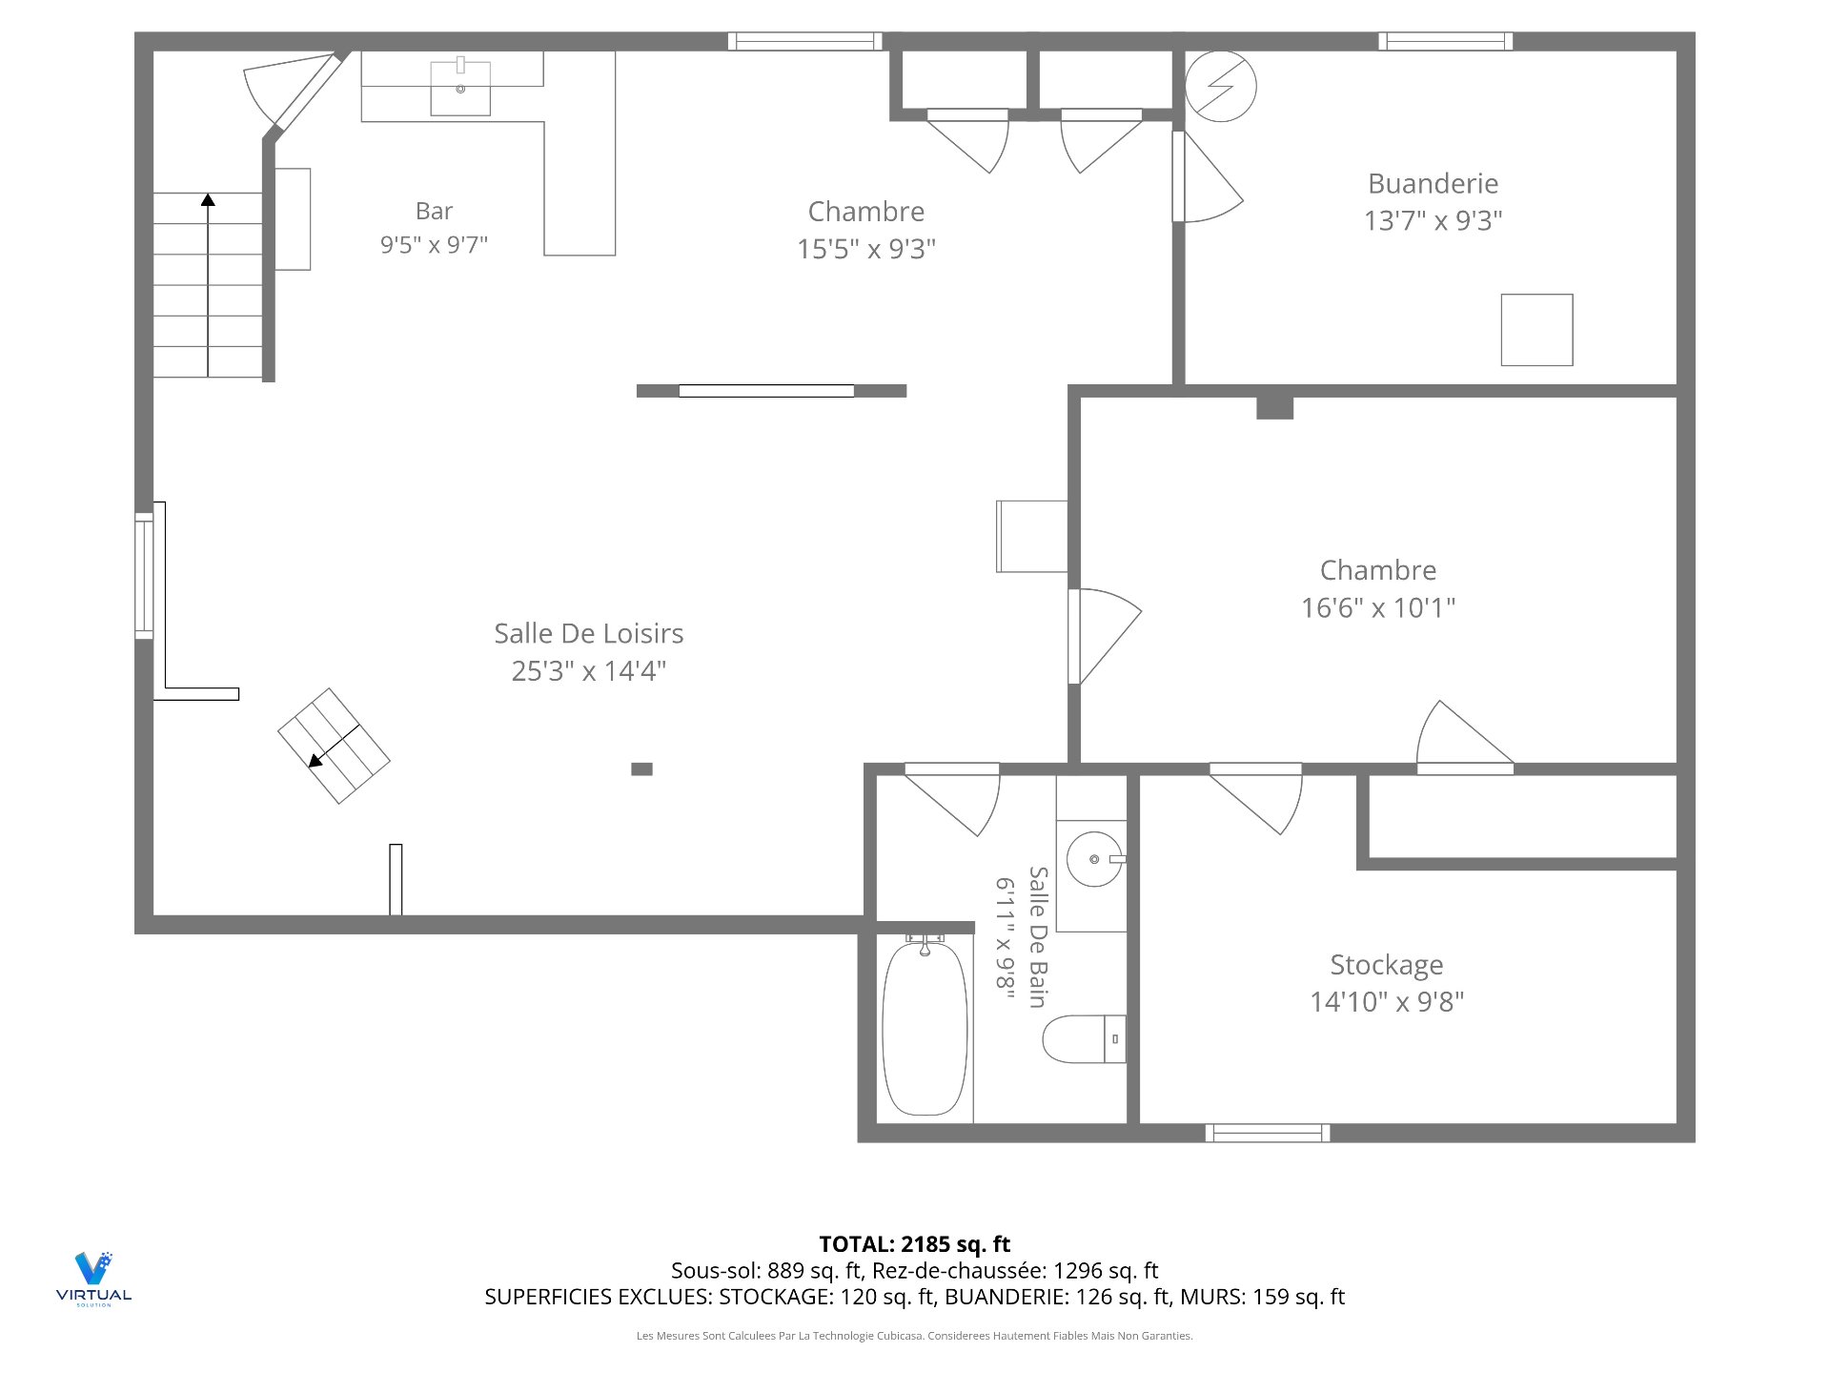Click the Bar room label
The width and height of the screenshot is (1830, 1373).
tap(434, 211)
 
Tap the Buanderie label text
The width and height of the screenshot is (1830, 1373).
tap(1433, 183)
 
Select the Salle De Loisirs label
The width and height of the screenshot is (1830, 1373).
tap(588, 633)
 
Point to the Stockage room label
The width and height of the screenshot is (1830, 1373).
tap(1386, 965)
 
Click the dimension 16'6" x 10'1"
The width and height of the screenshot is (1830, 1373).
tap(1378, 607)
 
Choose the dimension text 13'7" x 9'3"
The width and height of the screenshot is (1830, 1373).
tap(1433, 220)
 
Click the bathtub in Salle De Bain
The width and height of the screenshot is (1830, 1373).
tap(925, 1028)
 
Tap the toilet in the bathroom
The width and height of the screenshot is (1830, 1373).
tap(1085, 1039)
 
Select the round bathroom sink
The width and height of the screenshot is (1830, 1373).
tap(1094, 859)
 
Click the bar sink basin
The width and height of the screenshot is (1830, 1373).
tap(460, 89)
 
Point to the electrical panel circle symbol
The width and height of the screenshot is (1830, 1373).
tap(1221, 86)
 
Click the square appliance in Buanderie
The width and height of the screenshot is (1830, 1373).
tap(1536, 330)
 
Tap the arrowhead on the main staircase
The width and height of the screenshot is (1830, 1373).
tap(208, 199)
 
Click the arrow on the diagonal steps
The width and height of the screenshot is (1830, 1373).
tap(334, 746)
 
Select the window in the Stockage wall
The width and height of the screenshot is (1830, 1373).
tap(1267, 1133)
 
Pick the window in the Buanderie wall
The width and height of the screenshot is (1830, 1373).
tap(1445, 41)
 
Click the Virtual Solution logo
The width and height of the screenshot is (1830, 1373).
tap(93, 1279)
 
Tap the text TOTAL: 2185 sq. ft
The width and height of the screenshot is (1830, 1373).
tap(915, 1244)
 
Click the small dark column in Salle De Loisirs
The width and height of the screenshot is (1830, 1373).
tap(641, 768)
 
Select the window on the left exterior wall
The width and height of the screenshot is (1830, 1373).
tap(144, 576)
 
